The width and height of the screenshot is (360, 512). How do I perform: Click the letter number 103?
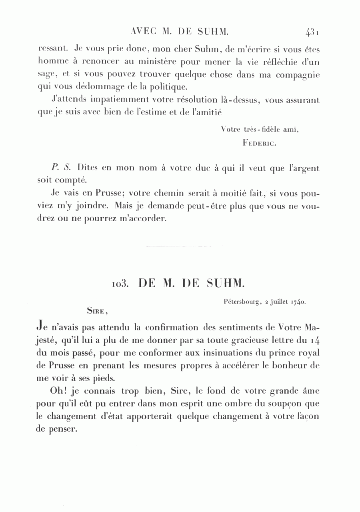[120, 283]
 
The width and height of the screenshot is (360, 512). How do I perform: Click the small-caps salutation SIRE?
[98, 309]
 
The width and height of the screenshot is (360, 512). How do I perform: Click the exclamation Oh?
[61, 391]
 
